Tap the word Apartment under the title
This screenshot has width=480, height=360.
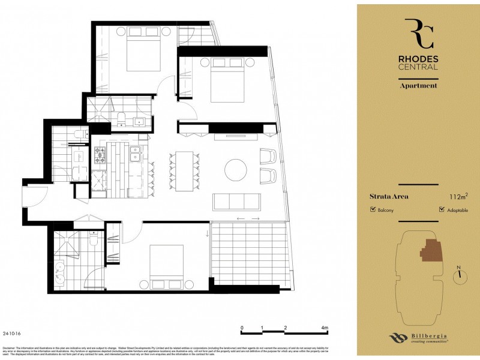point(418,85)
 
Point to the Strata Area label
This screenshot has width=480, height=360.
point(389,196)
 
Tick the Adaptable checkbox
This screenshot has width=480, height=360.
point(442,210)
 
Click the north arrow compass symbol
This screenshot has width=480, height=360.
point(460,274)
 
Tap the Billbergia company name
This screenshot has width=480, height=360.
point(429,335)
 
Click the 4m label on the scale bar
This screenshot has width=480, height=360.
point(325,328)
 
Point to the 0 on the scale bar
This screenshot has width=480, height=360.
point(242,328)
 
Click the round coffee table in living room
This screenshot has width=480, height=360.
point(235,169)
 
